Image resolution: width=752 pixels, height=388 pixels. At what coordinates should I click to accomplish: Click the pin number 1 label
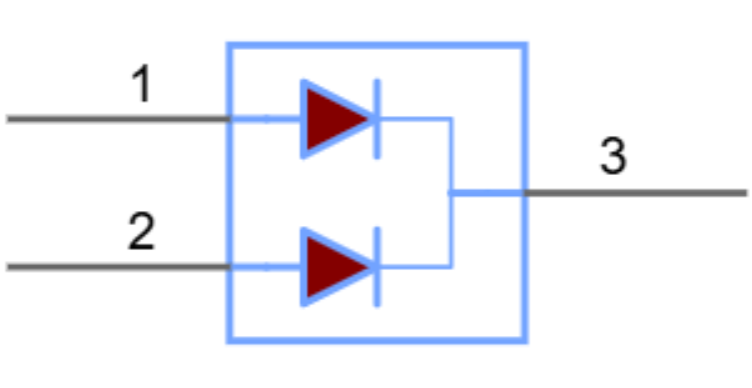point(143,86)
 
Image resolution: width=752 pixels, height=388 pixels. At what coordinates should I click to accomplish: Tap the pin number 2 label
point(142,233)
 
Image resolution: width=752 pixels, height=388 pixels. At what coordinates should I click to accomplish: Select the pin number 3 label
point(613,157)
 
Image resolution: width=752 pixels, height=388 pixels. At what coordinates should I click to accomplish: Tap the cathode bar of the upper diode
point(376,119)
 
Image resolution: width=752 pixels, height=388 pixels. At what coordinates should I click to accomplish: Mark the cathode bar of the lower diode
point(376,267)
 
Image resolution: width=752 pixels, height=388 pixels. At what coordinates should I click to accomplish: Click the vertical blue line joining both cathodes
point(451,192)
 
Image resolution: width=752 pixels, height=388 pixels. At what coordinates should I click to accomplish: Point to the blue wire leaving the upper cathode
point(414,119)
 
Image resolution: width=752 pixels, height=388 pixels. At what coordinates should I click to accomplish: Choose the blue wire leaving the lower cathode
point(414,267)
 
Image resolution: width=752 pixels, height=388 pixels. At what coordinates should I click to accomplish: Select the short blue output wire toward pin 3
point(487,192)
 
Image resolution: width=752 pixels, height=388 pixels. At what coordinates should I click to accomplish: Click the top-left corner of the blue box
point(230,45)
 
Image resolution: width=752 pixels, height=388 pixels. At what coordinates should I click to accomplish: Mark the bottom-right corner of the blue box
point(524,341)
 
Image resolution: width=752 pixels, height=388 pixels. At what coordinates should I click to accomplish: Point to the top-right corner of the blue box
point(524,45)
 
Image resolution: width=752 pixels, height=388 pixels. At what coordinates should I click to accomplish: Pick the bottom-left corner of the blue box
point(230,341)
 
